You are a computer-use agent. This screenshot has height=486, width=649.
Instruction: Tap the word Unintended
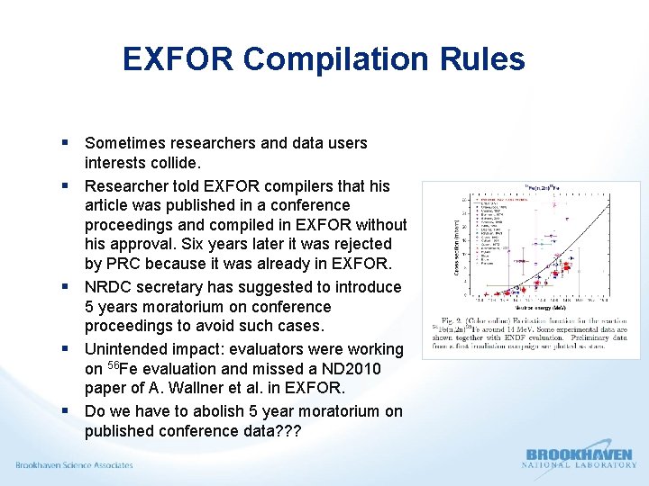125,348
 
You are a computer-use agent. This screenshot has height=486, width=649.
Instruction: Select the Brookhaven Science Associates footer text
74,465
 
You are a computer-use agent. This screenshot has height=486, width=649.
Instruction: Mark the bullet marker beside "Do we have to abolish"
68,411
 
